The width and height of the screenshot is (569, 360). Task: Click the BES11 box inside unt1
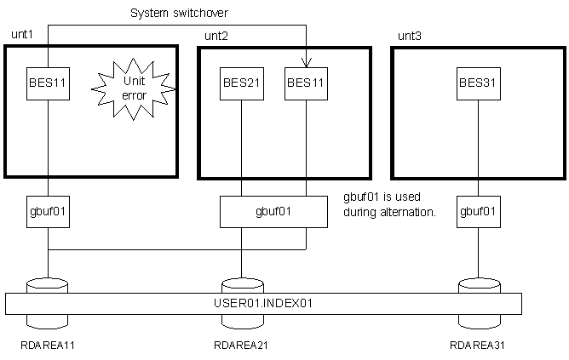(48, 83)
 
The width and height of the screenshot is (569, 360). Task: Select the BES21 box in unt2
(242, 83)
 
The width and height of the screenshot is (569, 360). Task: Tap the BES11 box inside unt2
(306, 83)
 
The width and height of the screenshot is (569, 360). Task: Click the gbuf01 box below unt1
(48, 211)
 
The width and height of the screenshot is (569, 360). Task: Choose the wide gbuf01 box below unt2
(273, 211)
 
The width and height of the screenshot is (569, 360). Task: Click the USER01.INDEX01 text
(262, 303)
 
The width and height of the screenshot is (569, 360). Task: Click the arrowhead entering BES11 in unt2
(306, 62)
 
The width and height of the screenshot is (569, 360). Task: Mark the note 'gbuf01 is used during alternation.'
(388, 204)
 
